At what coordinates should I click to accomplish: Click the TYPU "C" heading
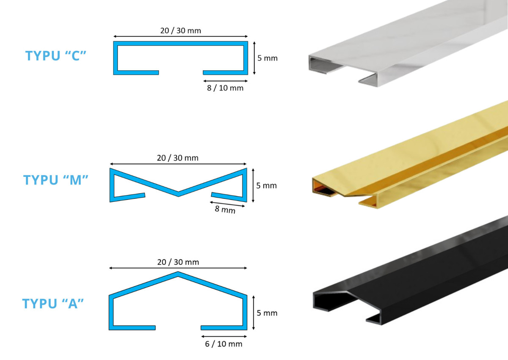point(55,56)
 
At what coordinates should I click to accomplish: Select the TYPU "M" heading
point(55,180)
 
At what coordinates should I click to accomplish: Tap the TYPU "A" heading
point(53,304)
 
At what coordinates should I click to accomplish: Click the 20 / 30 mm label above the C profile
point(180,30)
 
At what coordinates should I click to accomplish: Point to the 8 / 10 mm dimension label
point(225,88)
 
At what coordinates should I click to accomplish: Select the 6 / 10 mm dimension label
point(224,344)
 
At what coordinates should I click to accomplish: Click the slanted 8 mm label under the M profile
point(225,209)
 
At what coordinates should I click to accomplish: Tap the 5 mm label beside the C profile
point(268,58)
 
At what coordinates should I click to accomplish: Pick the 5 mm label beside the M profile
point(266,186)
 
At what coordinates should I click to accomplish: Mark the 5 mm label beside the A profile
point(267,313)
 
